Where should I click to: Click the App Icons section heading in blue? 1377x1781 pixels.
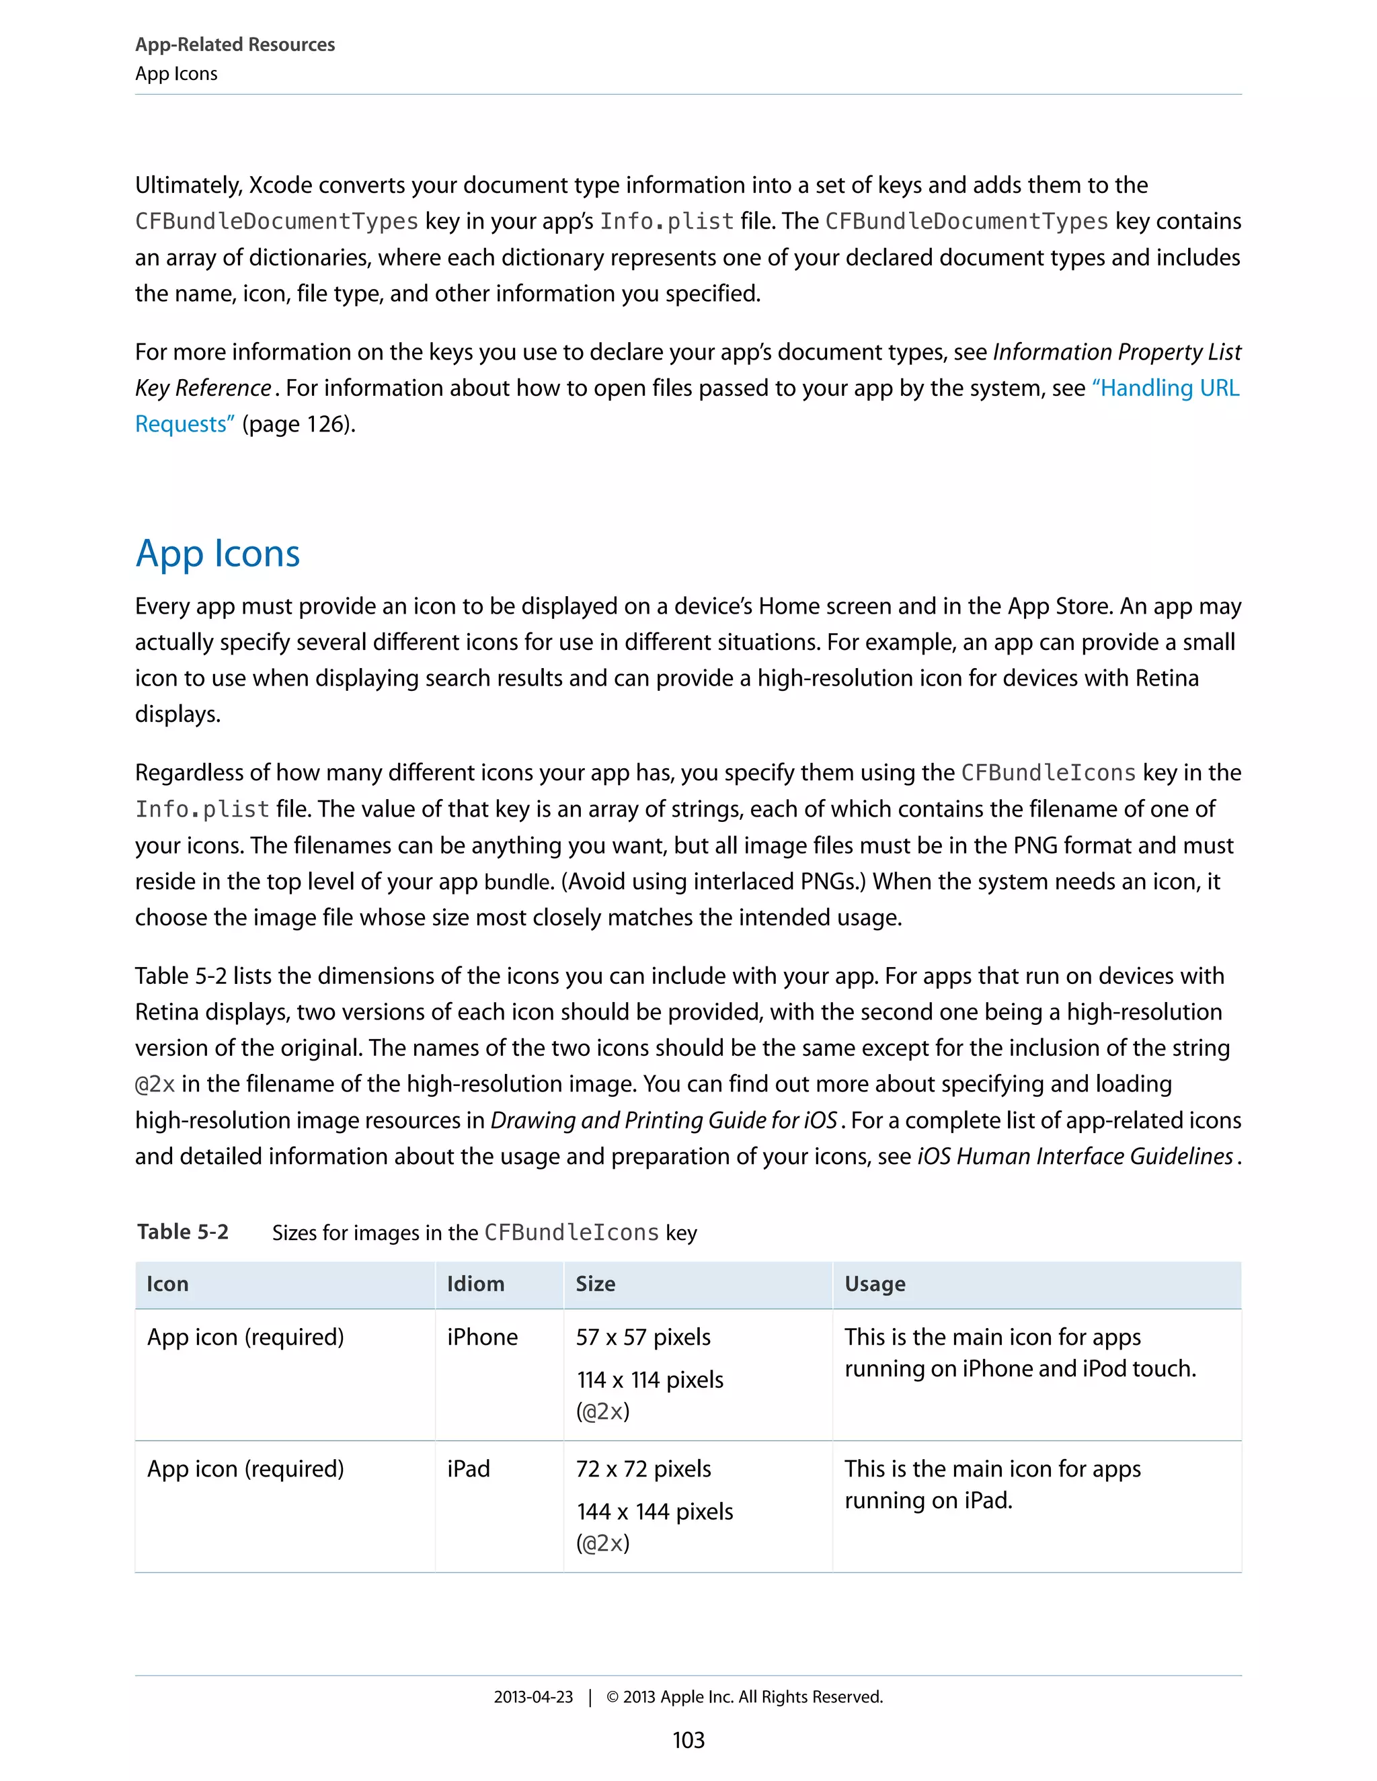218,554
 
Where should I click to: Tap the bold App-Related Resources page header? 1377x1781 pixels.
235,45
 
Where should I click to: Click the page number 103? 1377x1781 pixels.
688,1740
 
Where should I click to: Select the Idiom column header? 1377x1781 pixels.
475,1284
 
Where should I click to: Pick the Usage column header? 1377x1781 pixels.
875,1284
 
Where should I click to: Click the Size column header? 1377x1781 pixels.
596,1284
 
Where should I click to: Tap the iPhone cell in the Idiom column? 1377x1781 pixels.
482,1337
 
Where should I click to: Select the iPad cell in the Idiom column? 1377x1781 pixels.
468,1468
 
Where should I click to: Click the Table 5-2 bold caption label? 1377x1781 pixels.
183,1231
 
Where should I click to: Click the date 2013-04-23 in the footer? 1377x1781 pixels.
533,1697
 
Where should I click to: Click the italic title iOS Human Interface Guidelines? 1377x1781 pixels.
1075,1157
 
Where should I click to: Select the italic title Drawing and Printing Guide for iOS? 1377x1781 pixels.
663,1120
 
